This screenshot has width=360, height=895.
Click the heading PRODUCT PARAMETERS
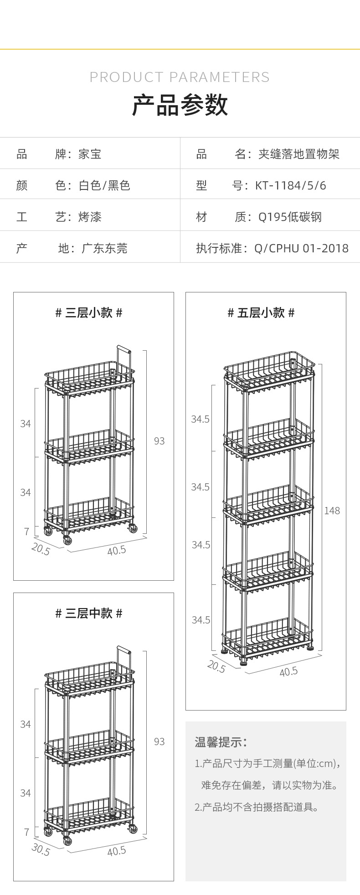180,77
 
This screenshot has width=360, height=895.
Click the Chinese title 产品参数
180,105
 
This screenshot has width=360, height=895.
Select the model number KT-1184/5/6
291,185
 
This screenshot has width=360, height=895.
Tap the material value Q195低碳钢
290,217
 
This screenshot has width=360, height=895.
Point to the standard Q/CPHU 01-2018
302,248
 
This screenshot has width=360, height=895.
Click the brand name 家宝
90,154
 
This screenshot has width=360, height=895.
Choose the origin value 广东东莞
104,248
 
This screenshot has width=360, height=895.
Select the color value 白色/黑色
104,185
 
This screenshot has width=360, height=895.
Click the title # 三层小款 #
89,313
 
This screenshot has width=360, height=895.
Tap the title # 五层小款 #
261,313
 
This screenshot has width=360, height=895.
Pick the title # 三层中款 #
89,614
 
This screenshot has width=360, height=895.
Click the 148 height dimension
332,511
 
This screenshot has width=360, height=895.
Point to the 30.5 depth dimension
41,849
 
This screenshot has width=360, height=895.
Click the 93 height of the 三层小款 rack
159,441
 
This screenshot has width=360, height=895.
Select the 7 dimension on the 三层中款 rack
26,832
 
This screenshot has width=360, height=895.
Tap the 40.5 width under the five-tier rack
288,671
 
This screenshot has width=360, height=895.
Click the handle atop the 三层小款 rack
124,360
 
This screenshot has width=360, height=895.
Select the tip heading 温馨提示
221,742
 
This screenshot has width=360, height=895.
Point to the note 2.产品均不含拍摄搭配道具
257,808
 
